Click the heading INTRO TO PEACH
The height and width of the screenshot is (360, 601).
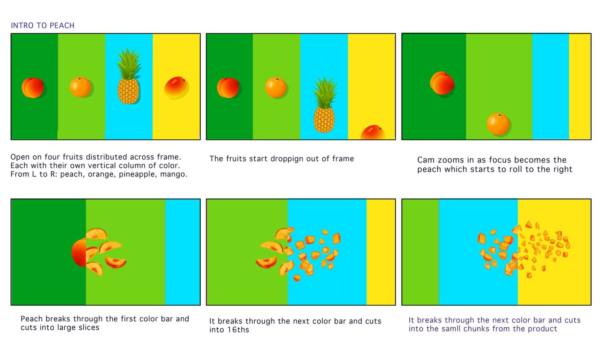tap(42, 26)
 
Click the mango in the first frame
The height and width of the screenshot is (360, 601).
tap(176, 87)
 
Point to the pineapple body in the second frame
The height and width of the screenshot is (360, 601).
tap(324, 120)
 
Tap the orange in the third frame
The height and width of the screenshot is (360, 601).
tap(498, 124)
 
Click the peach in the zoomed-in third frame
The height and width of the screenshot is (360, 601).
tap(442, 83)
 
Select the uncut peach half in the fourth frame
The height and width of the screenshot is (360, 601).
tap(79, 253)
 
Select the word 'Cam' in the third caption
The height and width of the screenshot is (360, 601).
tap(427, 160)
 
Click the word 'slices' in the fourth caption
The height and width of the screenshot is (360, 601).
tap(89, 328)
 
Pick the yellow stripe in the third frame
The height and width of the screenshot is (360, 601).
tap(580, 86)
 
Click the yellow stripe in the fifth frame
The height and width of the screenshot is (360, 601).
tap(381, 252)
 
